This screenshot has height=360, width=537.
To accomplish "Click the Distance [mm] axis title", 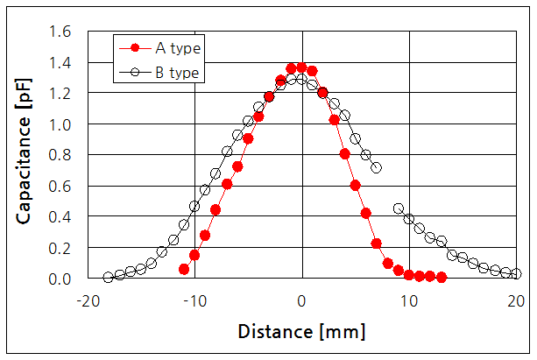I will click(x=300, y=332).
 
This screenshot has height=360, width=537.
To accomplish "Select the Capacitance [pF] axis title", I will click(x=25, y=154).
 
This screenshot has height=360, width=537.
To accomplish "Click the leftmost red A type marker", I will click(x=184, y=269).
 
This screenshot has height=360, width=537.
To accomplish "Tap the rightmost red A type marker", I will click(x=442, y=277).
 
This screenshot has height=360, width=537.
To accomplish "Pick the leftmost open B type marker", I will click(x=109, y=277).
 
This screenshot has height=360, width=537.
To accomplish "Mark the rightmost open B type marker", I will click(x=516, y=273).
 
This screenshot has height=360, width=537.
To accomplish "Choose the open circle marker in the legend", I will click(x=133, y=72).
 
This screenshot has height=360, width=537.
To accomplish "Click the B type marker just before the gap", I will click(x=377, y=167).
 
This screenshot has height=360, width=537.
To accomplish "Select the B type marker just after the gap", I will click(x=399, y=208).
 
